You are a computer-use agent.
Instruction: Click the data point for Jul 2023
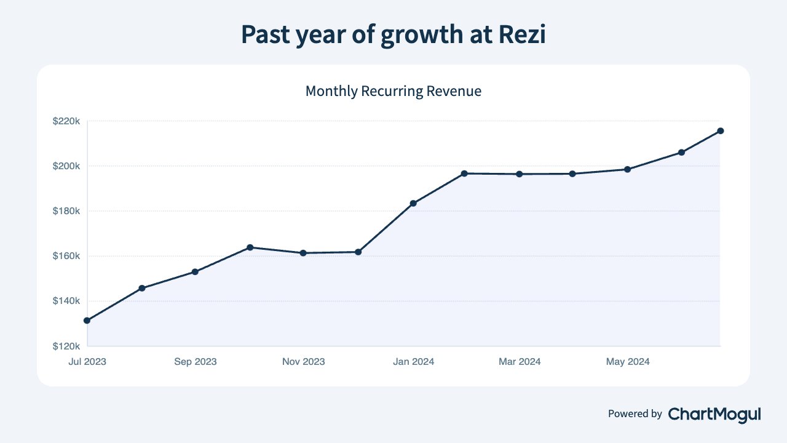pyautogui.click(x=87, y=321)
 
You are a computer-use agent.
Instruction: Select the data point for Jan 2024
pyautogui.click(x=414, y=203)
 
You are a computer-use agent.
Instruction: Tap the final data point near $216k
pyautogui.click(x=720, y=131)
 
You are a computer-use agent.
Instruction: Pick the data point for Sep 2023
pyautogui.click(x=195, y=272)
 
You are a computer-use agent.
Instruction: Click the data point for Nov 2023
pyautogui.click(x=303, y=253)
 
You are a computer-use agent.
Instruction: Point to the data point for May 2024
pyautogui.click(x=628, y=169)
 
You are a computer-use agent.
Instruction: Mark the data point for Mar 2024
pyautogui.click(x=520, y=174)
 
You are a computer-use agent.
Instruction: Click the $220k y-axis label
pyautogui.click(x=66, y=121)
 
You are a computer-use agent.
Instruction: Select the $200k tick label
pyautogui.click(x=66, y=166)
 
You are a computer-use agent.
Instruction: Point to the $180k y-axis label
pyautogui.click(x=66, y=211)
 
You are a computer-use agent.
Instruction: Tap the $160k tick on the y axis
pyautogui.click(x=66, y=256)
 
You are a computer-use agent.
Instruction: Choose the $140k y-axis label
pyautogui.click(x=66, y=301)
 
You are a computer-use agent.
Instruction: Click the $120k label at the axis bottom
pyautogui.click(x=66, y=346)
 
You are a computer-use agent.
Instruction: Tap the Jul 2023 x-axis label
pyautogui.click(x=87, y=361)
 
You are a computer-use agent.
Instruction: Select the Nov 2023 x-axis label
pyautogui.click(x=304, y=361)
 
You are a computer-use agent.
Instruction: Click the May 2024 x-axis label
pyautogui.click(x=628, y=362)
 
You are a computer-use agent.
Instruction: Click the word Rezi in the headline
pyautogui.click(x=522, y=34)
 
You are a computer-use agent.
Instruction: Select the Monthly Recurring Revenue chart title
pyautogui.click(x=393, y=91)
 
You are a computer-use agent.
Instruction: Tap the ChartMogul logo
pyautogui.click(x=714, y=415)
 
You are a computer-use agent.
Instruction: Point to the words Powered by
pyautogui.click(x=635, y=414)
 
